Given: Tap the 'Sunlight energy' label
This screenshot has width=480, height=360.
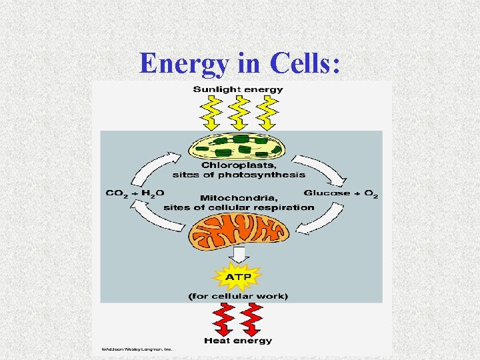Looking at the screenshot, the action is pos(238,89).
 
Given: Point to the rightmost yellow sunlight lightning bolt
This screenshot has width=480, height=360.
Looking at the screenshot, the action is pos(267,112).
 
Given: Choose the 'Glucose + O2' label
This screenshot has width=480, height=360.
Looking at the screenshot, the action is pos(341,193).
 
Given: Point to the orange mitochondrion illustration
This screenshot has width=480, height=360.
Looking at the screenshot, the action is pos(239,230).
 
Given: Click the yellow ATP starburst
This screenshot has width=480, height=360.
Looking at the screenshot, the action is pos(238,275).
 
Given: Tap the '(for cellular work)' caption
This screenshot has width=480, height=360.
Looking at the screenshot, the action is pos(238,295).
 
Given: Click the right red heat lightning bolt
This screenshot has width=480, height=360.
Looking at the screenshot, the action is pos(251,319).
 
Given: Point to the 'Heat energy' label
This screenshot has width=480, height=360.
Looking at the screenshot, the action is pos(238,341).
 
